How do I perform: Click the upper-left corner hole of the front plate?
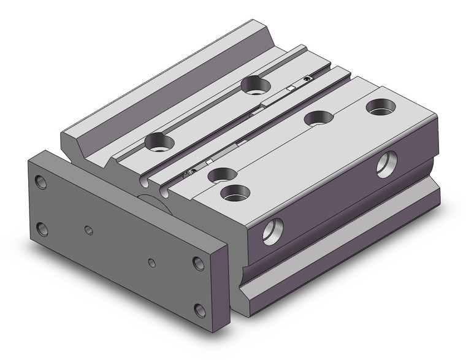click(40, 182)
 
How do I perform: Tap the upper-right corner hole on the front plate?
click(198, 263)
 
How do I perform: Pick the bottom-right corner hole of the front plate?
click(199, 309)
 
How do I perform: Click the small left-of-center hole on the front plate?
click(89, 230)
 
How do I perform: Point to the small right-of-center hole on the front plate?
click(151, 263)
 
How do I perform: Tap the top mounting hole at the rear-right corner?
click(380, 107)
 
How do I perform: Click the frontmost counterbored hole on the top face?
click(235, 193)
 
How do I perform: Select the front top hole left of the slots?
click(160, 143)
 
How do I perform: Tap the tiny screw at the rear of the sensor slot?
click(306, 80)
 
